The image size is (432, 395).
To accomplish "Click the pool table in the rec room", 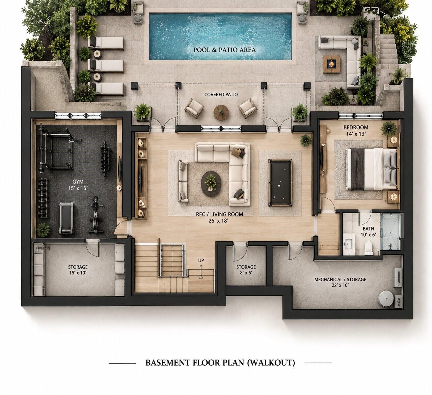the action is coord(281,183).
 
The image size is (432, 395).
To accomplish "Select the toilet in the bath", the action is coord(368,247).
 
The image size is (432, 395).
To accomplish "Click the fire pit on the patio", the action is coord(332,64).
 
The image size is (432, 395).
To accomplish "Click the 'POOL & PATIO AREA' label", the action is coord(225,50).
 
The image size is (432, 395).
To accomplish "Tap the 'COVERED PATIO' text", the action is coord(221,95).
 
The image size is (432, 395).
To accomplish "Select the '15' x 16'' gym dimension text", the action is coord(78,188).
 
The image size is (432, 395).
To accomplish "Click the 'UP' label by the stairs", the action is coord(201,260).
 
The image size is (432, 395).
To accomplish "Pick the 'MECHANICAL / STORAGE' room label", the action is coord(340,279).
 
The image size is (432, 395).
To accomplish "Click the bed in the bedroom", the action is coord(371,169).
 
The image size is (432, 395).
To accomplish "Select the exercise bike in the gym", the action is coord(94,214).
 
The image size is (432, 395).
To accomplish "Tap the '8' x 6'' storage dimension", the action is coord(246,272).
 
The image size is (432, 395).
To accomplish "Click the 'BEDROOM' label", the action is coord(356,127).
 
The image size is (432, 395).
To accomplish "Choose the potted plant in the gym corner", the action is coord(43,230).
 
